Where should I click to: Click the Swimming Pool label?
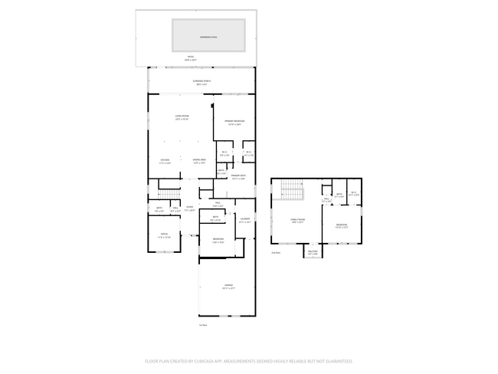[208, 37]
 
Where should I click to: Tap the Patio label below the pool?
[192, 58]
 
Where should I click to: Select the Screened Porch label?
[202, 82]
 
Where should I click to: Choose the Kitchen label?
[165, 162]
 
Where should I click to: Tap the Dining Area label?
[200, 162]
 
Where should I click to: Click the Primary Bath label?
[238, 177]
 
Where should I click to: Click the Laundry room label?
[244, 221]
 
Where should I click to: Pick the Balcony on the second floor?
[313, 252]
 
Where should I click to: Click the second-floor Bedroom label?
[341, 226]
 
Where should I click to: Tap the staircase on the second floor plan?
[291, 189]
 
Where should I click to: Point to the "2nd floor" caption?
[276, 252]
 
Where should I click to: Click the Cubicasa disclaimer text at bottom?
[249, 360]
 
